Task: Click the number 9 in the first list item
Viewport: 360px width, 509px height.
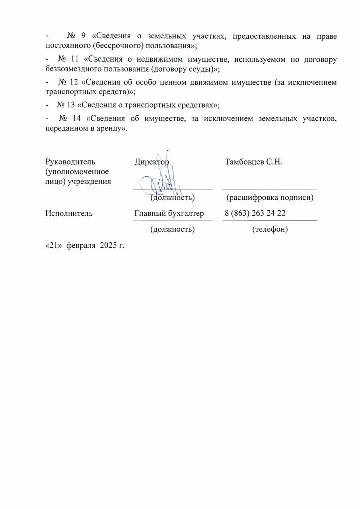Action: (x=83, y=37)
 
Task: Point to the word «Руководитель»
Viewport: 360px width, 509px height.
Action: (x=70, y=162)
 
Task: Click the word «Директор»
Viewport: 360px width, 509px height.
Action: (x=152, y=162)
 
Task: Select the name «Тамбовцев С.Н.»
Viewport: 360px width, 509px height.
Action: (x=254, y=162)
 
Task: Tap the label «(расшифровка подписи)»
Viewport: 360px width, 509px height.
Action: (x=270, y=198)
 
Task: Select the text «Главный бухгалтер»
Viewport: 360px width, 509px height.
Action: (x=169, y=214)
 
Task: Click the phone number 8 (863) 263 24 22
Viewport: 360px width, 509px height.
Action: (x=255, y=214)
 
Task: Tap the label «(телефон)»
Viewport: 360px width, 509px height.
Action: (x=270, y=230)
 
